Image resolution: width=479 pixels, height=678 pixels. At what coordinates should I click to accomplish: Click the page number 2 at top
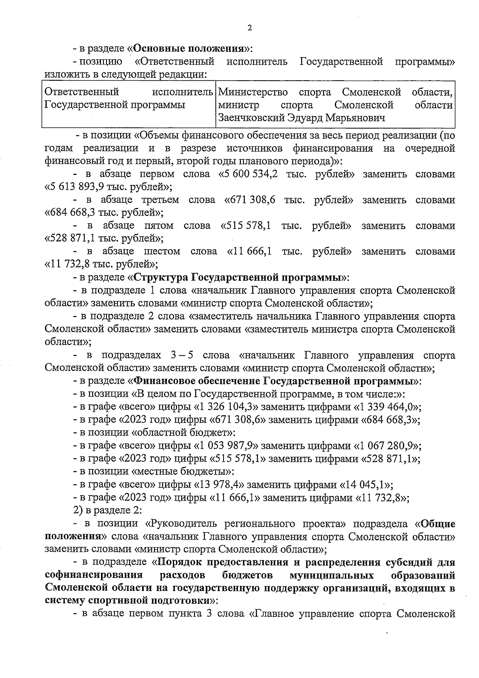click(250, 28)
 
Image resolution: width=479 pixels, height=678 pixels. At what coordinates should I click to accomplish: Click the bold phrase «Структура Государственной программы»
click(239, 277)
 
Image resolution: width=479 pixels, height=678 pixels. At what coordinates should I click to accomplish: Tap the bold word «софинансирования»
click(94, 575)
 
